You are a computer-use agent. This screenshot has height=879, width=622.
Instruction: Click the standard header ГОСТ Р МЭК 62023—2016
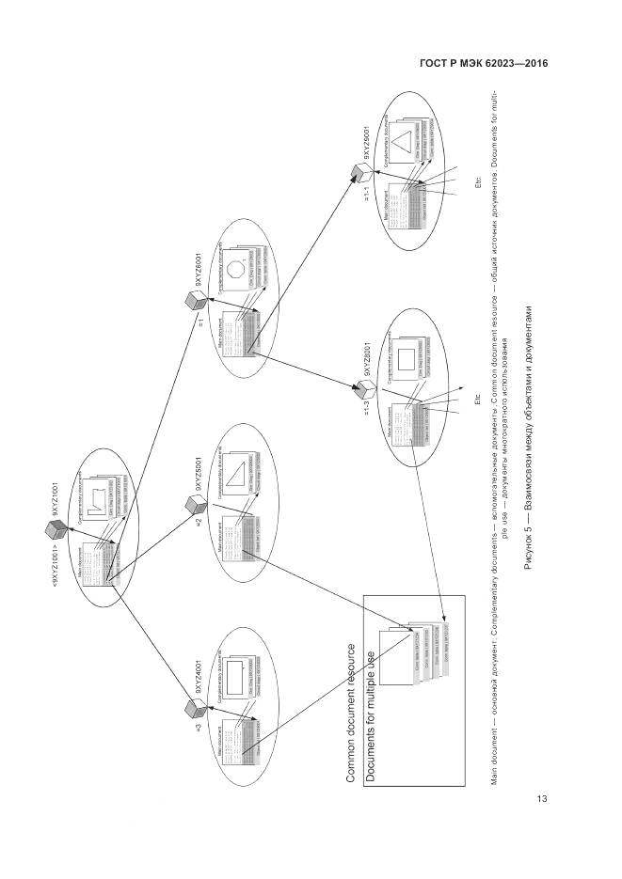point(483,63)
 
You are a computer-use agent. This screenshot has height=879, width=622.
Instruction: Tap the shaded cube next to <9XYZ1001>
point(55,528)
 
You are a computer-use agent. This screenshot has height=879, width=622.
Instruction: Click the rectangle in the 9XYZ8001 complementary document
point(407,360)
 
